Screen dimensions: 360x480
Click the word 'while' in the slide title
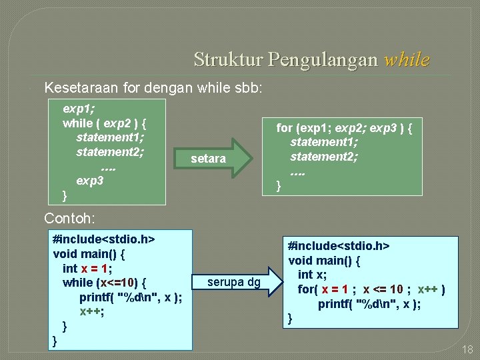point(407,60)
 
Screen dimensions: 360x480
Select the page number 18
point(467,349)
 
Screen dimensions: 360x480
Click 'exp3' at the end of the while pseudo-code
point(90,181)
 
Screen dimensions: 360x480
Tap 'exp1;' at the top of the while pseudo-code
point(79,108)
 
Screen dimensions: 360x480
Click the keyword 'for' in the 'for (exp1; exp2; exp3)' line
point(285,127)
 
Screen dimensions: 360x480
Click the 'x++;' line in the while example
point(92,311)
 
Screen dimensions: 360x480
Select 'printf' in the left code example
point(96,297)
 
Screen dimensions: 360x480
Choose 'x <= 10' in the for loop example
point(383,289)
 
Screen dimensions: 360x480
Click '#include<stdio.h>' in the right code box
point(339,245)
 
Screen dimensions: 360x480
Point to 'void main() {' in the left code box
point(89,253)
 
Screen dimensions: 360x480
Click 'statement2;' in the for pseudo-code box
point(324,157)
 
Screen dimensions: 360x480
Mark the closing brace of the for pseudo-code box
point(279,185)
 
